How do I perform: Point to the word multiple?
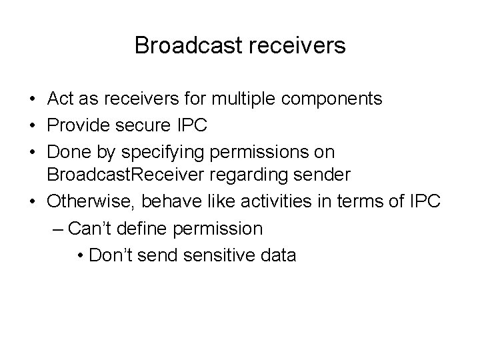pos(243,99)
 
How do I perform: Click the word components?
pos(332,99)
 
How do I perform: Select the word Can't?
pos(91,229)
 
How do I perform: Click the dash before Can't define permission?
pos(57,229)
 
